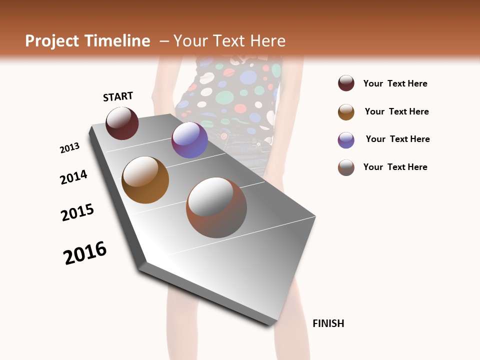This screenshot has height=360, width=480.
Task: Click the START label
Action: tap(118, 96)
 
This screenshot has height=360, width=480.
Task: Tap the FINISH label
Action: tap(328, 323)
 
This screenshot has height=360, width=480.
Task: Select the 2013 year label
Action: tap(69, 148)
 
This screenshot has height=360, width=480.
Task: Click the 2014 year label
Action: tap(73, 177)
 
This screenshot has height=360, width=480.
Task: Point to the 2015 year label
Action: tap(77, 212)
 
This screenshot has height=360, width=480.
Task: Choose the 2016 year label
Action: tap(85, 253)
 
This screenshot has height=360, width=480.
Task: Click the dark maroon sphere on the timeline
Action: tap(122, 123)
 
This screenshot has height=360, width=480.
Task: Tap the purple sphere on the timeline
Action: tap(189, 140)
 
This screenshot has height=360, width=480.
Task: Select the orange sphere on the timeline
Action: tap(145, 180)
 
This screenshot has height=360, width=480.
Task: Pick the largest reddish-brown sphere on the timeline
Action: tap(216, 207)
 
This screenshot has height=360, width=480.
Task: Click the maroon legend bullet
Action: tap(346, 83)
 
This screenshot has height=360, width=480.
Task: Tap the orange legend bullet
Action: tap(346, 112)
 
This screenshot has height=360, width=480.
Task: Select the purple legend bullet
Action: tap(346, 140)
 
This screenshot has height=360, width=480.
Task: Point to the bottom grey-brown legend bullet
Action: tap(346, 167)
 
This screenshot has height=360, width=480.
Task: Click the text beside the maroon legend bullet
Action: tap(395, 83)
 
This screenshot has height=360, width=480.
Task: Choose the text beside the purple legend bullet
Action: tap(397, 139)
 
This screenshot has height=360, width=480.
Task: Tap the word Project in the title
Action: tap(52, 41)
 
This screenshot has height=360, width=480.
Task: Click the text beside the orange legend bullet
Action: tap(396, 111)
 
